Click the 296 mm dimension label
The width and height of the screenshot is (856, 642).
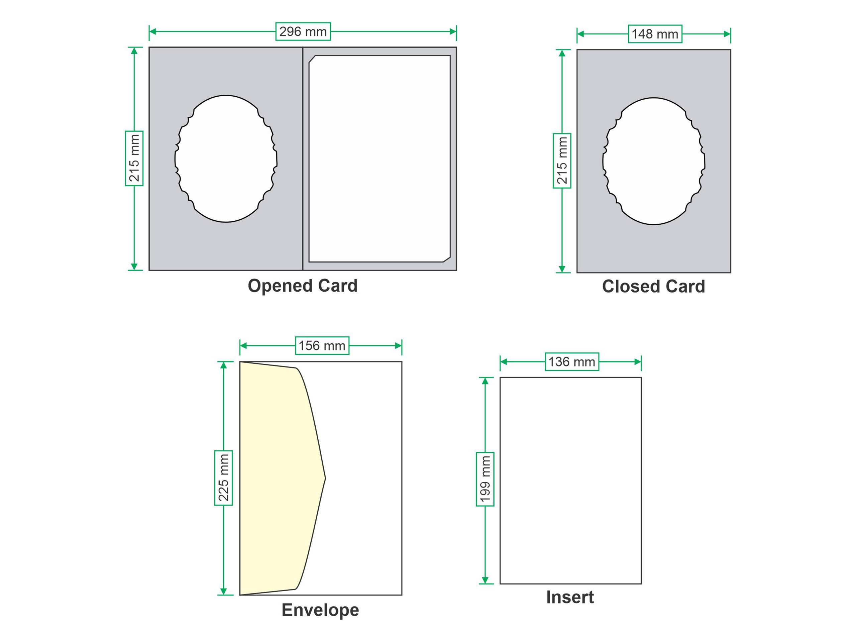(x=303, y=31)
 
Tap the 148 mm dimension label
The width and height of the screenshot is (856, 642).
(x=655, y=34)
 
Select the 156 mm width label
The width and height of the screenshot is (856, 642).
(x=322, y=345)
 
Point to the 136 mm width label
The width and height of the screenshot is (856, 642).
(x=572, y=361)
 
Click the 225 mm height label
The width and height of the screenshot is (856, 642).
(x=223, y=477)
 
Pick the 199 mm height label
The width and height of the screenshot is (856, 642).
(x=485, y=479)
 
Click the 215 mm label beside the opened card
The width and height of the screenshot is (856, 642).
(x=134, y=158)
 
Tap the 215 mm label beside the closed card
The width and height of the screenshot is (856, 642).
(x=562, y=160)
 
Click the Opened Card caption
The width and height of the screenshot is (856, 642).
(x=303, y=286)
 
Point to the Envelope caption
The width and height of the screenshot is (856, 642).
(x=320, y=610)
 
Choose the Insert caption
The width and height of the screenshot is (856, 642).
(x=570, y=597)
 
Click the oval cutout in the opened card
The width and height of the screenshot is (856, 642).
(x=226, y=159)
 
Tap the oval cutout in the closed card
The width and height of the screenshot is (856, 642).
(x=654, y=161)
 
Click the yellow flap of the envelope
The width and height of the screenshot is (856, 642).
(x=279, y=478)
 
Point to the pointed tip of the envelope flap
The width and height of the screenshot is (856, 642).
(x=325, y=478)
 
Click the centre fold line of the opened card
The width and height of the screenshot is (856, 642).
(x=303, y=159)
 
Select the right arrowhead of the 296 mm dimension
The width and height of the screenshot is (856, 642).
(x=453, y=31)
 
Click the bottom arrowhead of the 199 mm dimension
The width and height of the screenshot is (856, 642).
(x=485, y=580)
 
